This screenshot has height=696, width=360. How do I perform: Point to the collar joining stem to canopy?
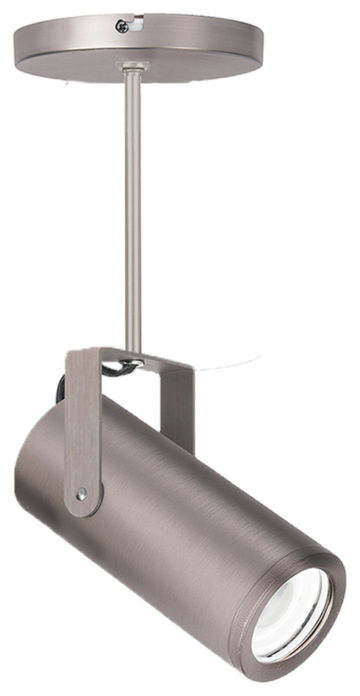click(132, 67)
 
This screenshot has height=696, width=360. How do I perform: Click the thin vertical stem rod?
click(133, 211)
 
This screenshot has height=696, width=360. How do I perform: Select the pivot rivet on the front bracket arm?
click(83, 494)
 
